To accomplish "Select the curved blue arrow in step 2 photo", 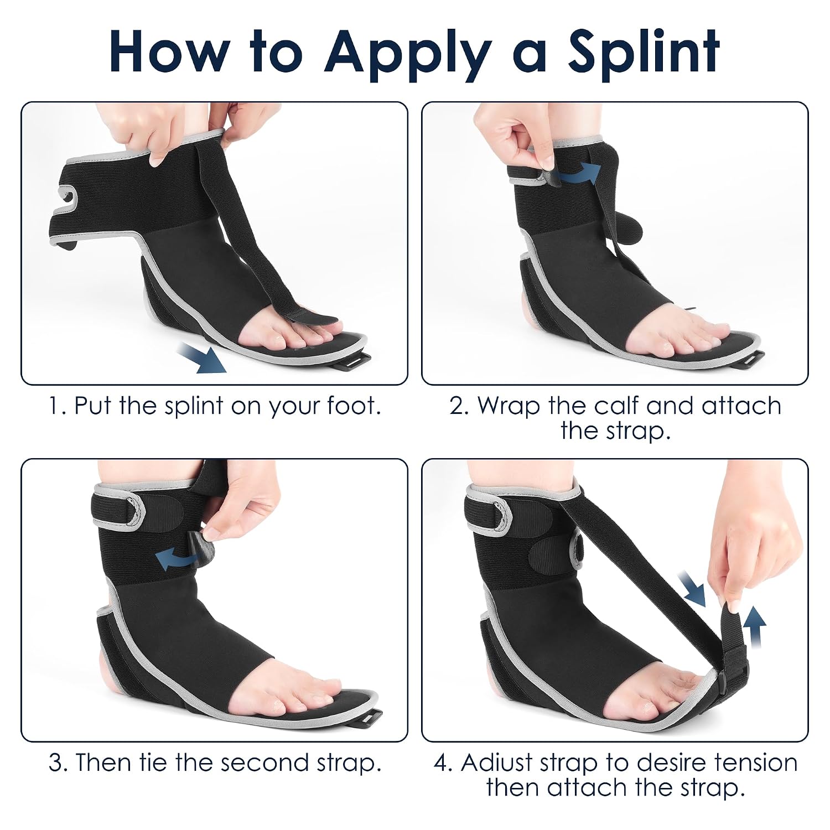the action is click(x=578, y=174).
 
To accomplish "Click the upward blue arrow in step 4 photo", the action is click(x=754, y=629).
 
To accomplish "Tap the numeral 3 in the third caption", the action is click(x=55, y=763).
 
